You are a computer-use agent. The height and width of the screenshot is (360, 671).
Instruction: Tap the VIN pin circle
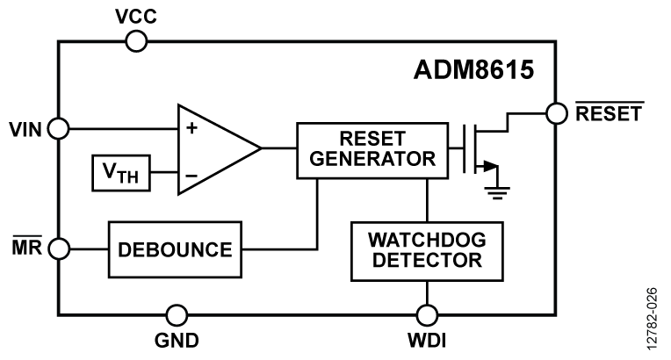(58, 128)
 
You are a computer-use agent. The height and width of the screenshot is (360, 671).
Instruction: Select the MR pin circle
(58, 248)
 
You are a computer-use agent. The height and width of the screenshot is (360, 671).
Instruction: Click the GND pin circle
(177, 314)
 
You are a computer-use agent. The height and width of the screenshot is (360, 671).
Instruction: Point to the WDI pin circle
(427, 314)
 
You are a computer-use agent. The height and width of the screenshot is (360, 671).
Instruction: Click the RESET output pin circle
(556, 113)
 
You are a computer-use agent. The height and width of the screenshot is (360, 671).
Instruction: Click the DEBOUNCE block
(175, 248)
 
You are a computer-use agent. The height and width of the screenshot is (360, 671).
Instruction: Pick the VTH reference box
(121, 174)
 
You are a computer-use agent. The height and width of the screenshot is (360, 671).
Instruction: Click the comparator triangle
(213, 149)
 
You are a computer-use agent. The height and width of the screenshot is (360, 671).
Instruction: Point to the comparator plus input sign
(191, 127)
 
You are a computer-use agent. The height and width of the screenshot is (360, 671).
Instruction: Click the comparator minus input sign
(191, 175)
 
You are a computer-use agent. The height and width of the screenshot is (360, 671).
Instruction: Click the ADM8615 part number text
(474, 69)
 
